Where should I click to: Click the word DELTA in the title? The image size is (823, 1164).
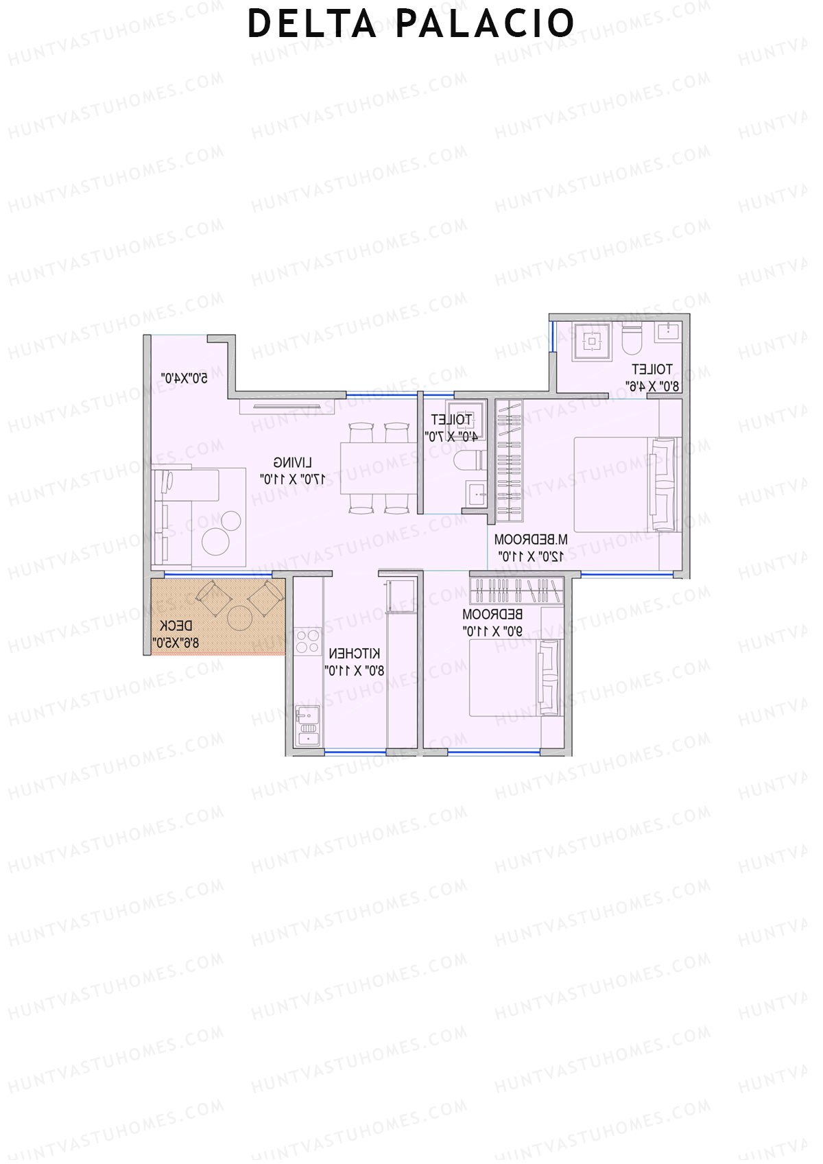click(x=312, y=24)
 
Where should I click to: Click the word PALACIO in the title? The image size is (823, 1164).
click(x=485, y=24)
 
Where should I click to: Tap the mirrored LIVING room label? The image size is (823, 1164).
click(x=293, y=463)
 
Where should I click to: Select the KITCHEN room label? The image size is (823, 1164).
click(x=355, y=654)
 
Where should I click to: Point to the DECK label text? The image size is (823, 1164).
click(x=176, y=626)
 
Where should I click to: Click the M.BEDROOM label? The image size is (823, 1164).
click(x=531, y=540)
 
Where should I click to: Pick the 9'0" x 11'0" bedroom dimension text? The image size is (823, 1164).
click(x=492, y=631)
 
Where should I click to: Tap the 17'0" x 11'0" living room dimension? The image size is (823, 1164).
click(x=293, y=479)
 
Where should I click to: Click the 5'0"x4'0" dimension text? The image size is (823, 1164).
click(x=184, y=378)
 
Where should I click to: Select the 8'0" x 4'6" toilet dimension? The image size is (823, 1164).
click(x=652, y=387)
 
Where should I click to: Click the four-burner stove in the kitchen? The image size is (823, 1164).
click(x=308, y=641)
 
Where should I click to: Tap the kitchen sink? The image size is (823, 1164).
click(x=307, y=726)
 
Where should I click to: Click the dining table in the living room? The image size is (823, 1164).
click(x=379, y=468)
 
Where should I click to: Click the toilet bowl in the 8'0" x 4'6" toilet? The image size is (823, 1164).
click(x=632, y=337)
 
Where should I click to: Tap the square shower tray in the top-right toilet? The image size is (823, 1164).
click(x=591, y=340)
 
